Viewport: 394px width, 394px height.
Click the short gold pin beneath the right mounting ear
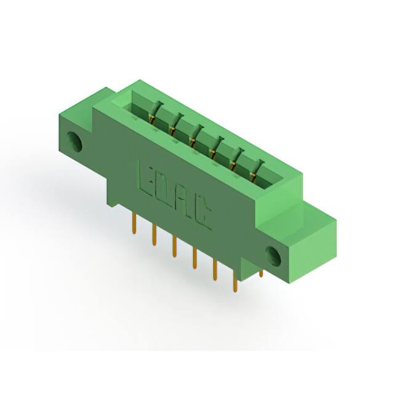pyautogui.click(x=261, y=272)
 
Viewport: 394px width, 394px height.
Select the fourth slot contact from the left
pyautogui.click(x=214, y=147)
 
